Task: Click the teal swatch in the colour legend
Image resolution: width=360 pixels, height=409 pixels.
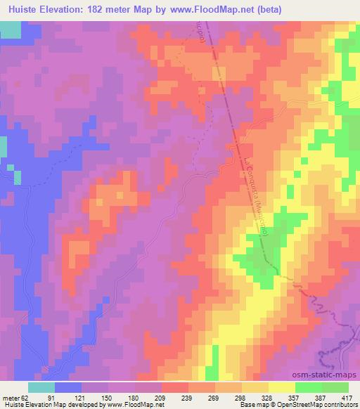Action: (41, 387)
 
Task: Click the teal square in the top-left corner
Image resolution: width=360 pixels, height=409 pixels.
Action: (10, 30)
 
